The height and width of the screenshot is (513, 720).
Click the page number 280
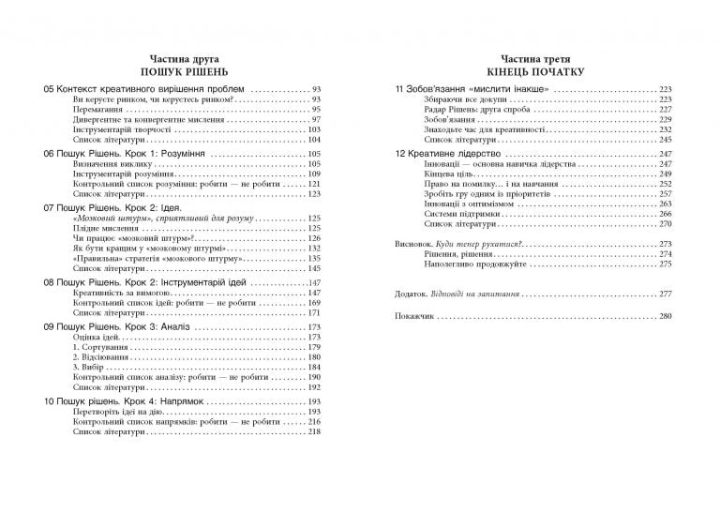[666, 317]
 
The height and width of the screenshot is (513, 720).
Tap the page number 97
[316, 120]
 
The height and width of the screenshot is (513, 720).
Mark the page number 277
[666, 294]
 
